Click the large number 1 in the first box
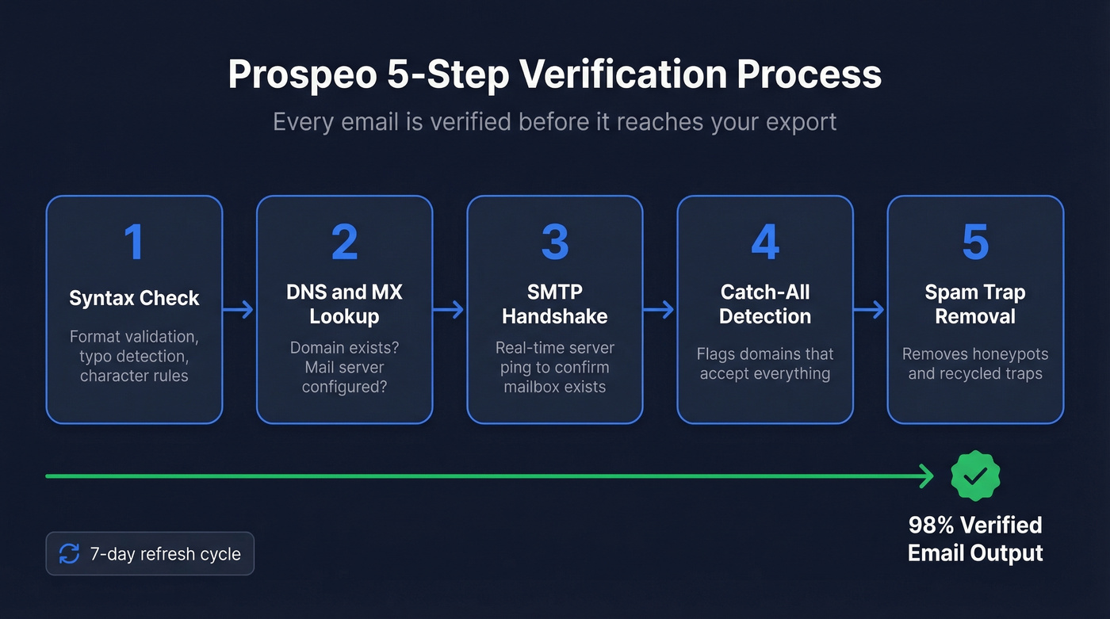coord(134,242)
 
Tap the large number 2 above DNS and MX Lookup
coord(344,242)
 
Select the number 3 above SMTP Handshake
coord(555,242)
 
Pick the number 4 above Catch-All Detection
coord(765,242)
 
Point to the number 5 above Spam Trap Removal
coord(975,242)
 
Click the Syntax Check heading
coord(134,298)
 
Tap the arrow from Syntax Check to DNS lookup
coord(239,309)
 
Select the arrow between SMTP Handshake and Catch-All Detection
coord(660,309)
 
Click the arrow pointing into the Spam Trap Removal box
coord(870,309)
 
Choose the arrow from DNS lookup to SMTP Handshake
coord(450,309)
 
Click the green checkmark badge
coord(975,476)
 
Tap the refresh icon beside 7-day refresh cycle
coord(70,553)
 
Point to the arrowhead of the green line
coord(925,476)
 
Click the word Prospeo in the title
coord(301,75)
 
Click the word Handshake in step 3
coord(555,316)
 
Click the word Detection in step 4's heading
coord(765,316)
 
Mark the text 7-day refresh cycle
coord(165,553)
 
